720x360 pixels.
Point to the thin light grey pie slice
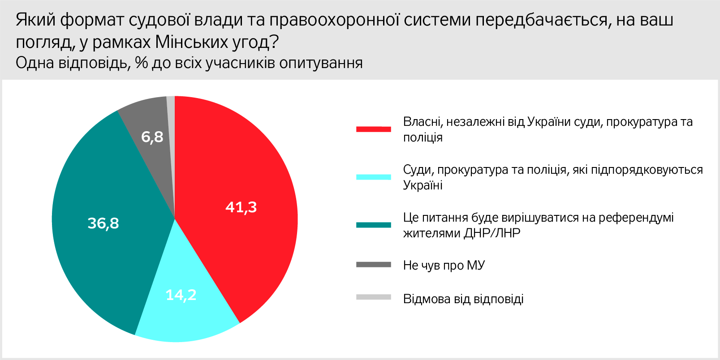click(171, 129)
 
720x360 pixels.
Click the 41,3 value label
click(241, 207)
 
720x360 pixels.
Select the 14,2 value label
click(181, 295)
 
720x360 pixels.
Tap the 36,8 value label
click(103, 223)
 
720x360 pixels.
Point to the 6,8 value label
click(152, 137)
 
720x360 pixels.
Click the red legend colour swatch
click(374, 129)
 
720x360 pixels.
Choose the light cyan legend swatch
click(374, 177)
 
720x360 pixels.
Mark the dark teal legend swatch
click(374, 225)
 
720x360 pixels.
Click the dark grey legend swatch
click(374, 265)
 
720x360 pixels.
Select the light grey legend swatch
click(374, 297)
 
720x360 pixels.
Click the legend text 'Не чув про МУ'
click(444, 265)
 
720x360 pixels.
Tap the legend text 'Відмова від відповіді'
click(463, 299)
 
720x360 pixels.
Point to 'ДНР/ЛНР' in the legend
click(492, 233)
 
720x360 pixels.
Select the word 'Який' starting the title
click(35, 20)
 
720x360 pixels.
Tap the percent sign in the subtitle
click(142, 63)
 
